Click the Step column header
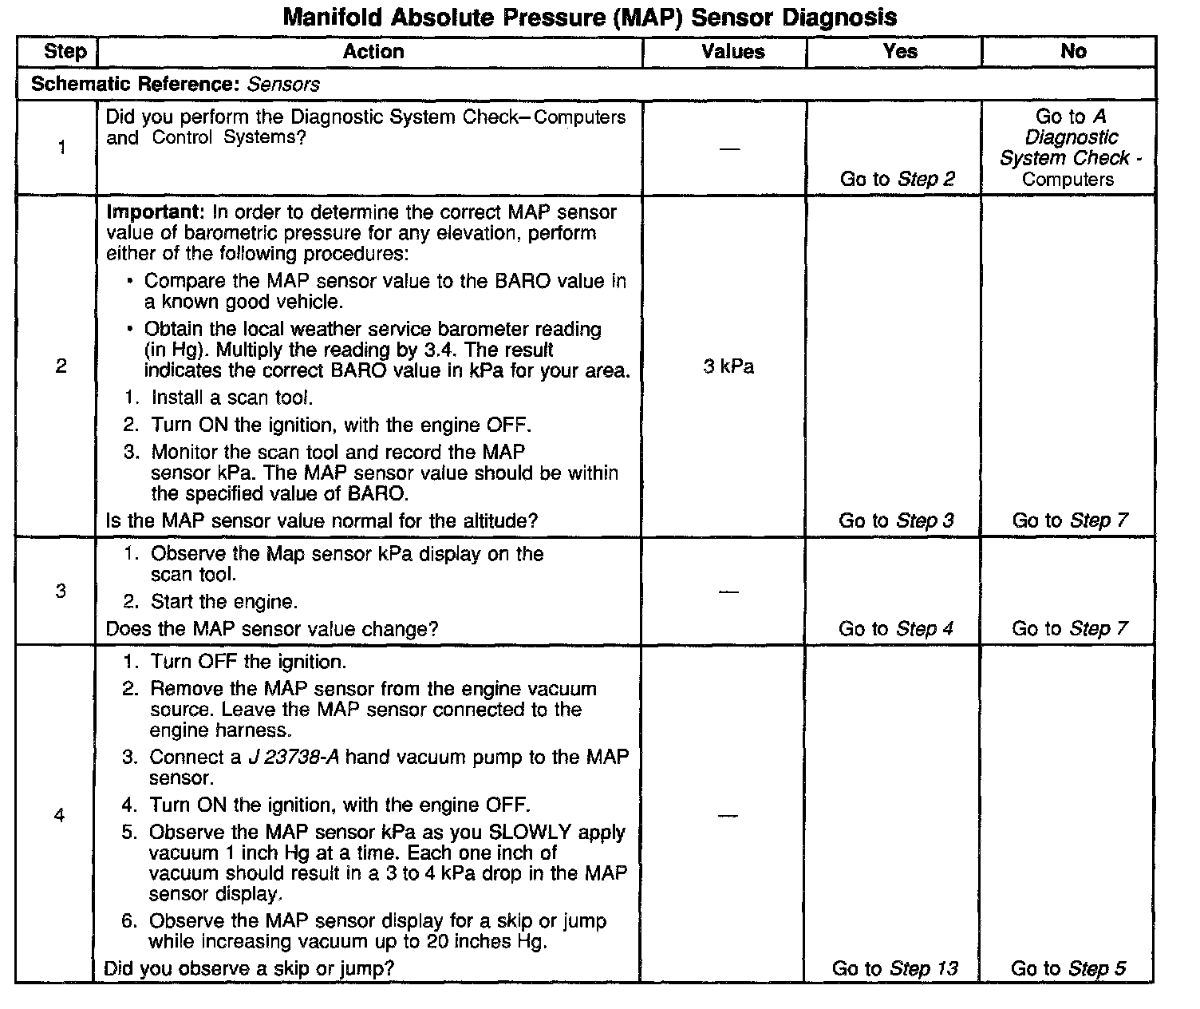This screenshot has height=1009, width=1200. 65,52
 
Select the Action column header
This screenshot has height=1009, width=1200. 373,52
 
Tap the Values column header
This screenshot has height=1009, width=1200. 732,52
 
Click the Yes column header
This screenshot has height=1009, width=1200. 900,52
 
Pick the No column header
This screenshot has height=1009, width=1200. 1073,52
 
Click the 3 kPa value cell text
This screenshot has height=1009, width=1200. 728,367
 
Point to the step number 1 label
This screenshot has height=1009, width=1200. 61,148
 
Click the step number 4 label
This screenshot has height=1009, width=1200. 59,816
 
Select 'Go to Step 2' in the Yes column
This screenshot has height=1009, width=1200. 897,179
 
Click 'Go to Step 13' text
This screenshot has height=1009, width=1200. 894,968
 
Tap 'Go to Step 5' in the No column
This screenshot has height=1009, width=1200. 1068,968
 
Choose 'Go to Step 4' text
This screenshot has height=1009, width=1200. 895,629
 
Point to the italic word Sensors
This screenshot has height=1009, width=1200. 283,85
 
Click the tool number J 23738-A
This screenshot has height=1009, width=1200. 294,757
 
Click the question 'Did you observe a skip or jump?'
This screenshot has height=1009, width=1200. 249,969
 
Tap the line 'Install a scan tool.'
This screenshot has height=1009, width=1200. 231,398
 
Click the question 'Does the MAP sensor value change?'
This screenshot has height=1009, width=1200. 271,629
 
